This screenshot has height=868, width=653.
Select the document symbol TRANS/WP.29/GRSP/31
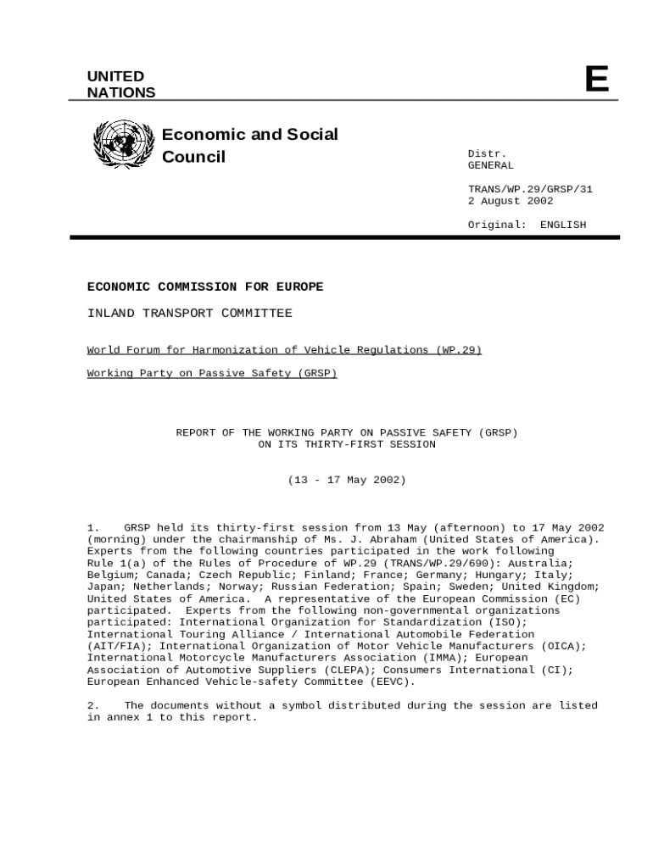tap(530, 189)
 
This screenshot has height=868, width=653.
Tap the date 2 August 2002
tap(510, 201)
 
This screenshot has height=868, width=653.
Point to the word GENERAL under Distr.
tap(490, 165)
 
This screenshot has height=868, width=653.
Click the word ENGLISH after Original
tap(562, 225)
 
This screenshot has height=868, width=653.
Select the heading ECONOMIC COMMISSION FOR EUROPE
tap(205, 287)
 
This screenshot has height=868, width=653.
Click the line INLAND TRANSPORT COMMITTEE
tap(189, 314)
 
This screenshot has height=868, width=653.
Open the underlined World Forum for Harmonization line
tap(284, 350)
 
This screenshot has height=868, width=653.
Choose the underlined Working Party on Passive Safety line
tap(212, 373)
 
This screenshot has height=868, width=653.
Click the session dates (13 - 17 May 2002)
tap(347, 480)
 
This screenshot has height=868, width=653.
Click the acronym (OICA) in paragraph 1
tap(564, 646)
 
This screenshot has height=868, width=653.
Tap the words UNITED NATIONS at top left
tap(121, 85)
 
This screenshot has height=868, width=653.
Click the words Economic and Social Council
tap(249, 145)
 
